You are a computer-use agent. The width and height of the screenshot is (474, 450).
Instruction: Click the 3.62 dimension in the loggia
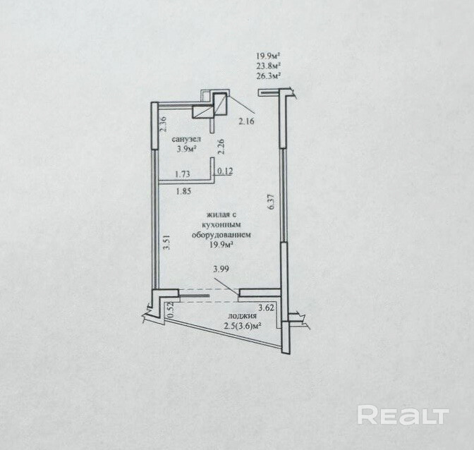267,307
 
